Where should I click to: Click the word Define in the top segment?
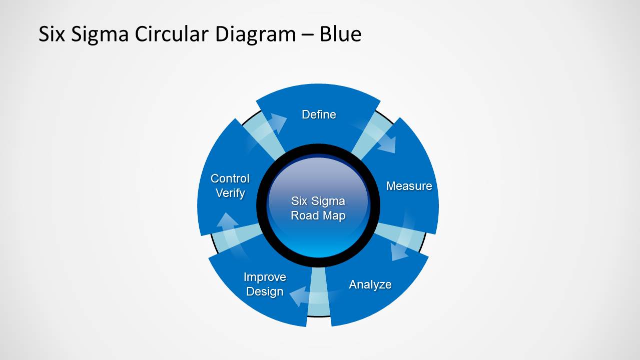[319, 114]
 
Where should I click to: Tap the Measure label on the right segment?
[409, 186]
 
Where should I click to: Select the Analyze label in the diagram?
[370, 284]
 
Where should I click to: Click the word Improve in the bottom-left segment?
[265, 277]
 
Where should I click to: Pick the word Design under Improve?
[265, 291]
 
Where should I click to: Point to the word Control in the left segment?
[230, 178]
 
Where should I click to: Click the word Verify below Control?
[230, 193]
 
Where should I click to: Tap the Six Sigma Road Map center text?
[318, 208]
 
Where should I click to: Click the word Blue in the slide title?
[340, 34]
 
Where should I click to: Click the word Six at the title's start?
[52, 34]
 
